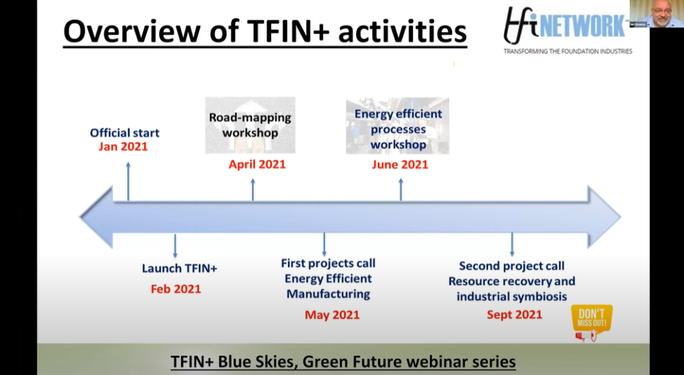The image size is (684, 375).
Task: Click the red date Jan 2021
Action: pyautogui.click(x=123, y=146)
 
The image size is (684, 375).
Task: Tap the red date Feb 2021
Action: pyautogui.click(x=176, y=289)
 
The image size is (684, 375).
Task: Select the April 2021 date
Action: pyautogui.click(x=257, y=164)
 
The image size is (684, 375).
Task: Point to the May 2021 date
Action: pyautogui.click(x=332, y=315)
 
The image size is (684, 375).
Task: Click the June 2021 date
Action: pyautogui.click(x=400, y=164)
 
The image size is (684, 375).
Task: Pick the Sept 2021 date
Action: pyautogui.click(x=514, y=315)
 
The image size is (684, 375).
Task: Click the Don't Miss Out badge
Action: pyautogui.click(x=592, y=322)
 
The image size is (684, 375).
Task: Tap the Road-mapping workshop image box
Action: pyautogui.click(x=250, y=125)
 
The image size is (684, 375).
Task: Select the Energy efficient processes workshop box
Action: pyautogui.click(x=397, y=126)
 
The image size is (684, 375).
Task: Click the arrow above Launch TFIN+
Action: pyautogui.click(x=175, y=246)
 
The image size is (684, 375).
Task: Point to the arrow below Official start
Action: pyautogui.click(x=128, y=181)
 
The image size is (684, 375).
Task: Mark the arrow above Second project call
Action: pyautogui.click(x=512, y=245)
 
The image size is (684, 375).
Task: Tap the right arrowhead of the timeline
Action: pyautogui.click(x=604, y=217)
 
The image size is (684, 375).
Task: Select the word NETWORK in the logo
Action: pyautogui.click(x=582, y=26)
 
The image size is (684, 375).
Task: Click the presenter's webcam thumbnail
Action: pyautogui.click(x=657, y=13)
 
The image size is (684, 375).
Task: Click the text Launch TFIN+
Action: pyautogui.click(x=179, y=268)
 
